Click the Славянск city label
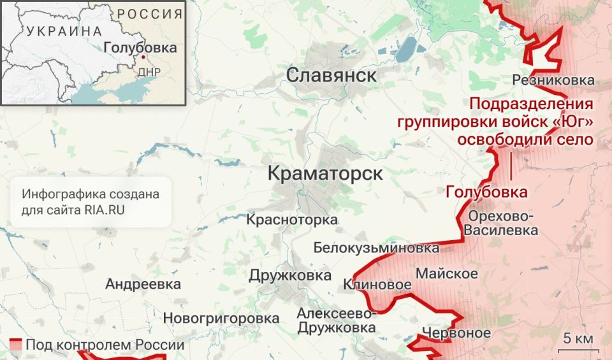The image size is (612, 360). tap(331, 76)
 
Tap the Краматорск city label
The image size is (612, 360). tap(325, 173)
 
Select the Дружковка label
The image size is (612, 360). tap(290, 275)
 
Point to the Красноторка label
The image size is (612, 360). tap(293, 220)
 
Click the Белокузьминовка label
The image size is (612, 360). tap(376, 248)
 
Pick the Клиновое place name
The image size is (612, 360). tap(377, 285)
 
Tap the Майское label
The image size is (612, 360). tap(447, 274)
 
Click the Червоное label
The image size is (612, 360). tap(456, 333)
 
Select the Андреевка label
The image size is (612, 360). tap(143, 284)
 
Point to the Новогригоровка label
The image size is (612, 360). tap(221, 317)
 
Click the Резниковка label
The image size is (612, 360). tap(553, 80)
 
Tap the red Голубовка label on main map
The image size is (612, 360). tap(486, 192)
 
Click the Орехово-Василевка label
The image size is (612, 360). tap(501, 222)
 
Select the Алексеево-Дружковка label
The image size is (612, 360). tap(337, 320)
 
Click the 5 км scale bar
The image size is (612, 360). tap(578, 341)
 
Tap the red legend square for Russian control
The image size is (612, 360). tap(17, 345)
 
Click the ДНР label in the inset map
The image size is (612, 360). tap(149, 71)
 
